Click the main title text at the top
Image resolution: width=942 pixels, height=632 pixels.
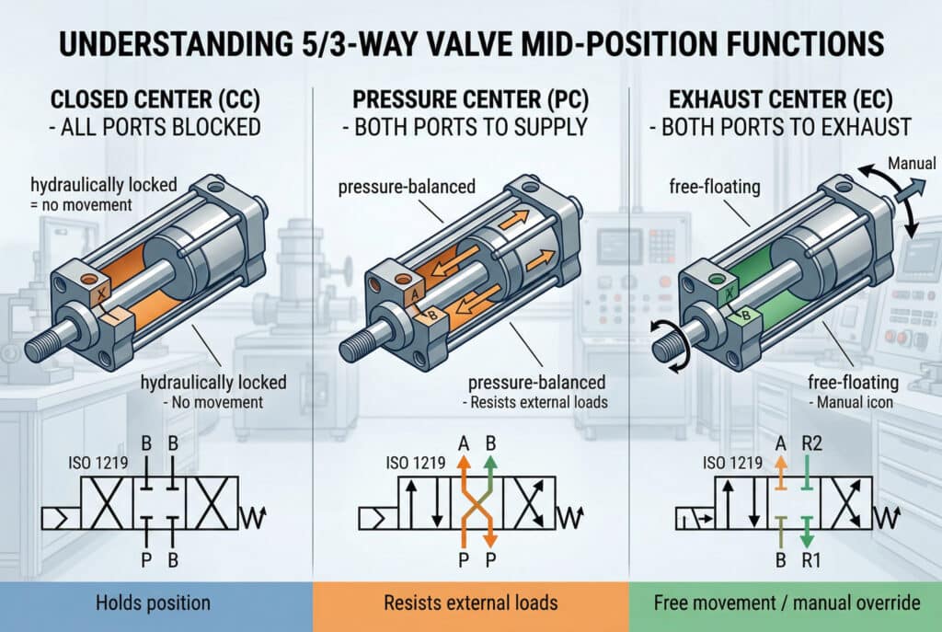click(x=471, y=43)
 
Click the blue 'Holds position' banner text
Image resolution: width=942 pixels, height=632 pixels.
click(x=155, y=603)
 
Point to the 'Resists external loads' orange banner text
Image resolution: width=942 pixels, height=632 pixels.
click(x=470, y=603)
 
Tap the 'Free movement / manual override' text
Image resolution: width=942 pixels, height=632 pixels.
click(x=787, y=603)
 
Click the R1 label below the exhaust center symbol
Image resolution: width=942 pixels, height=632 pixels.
click(x=813, y=557)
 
